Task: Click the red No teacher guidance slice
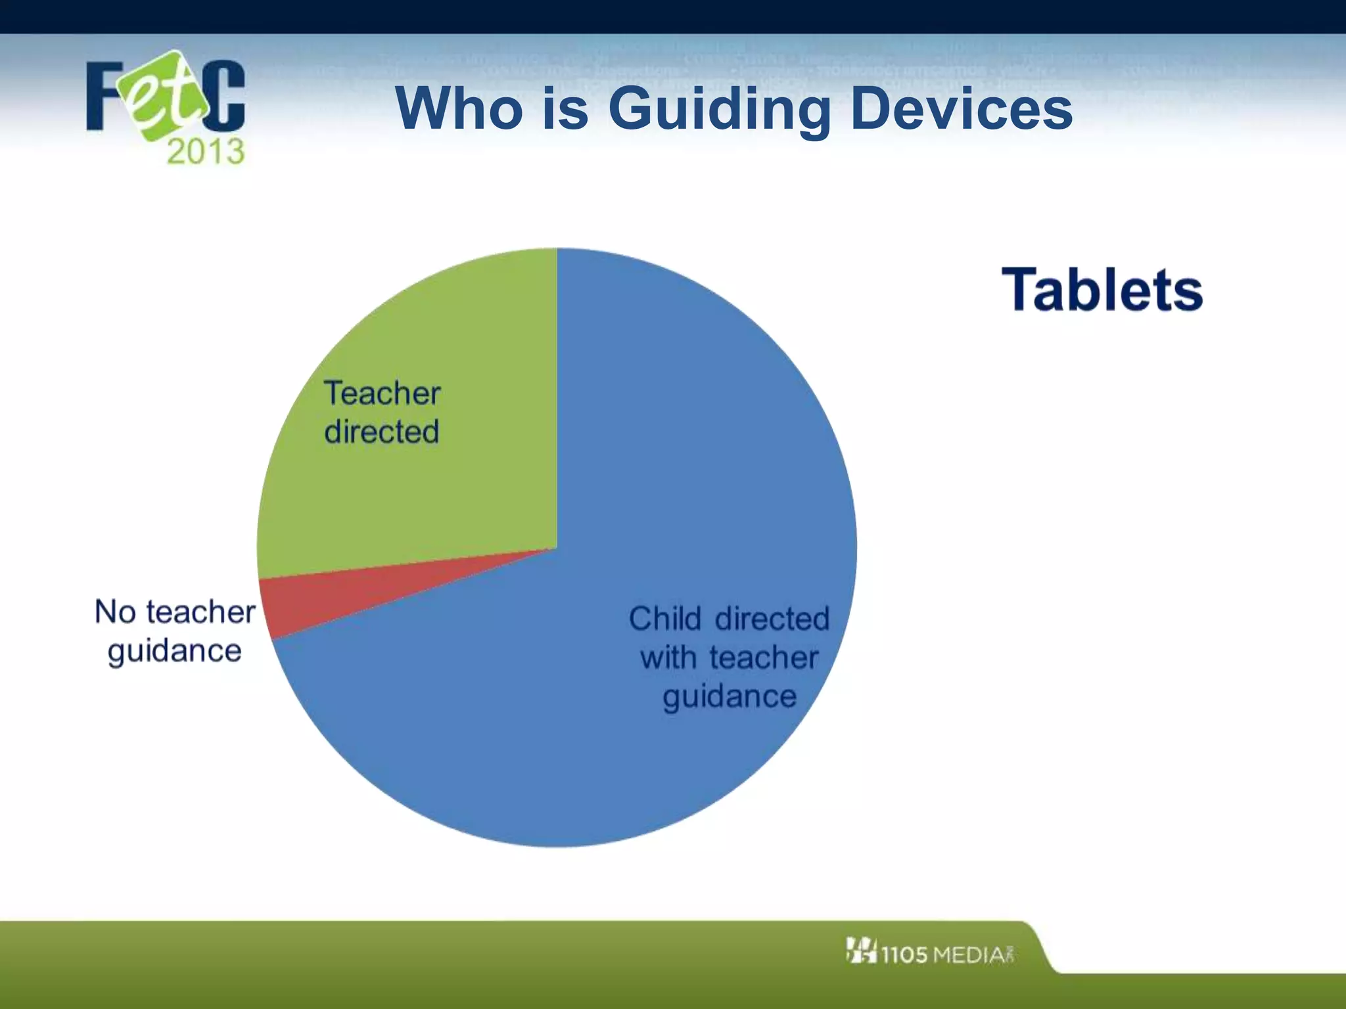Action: pyautogui.click(x=329, y=594)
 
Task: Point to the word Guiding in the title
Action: pyautogui.click(x=720, y=110)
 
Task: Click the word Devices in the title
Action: pyautogui.click(x=961, y=108)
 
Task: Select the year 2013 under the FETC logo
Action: pyautogui.click(x=205, y=152)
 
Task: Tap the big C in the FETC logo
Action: pyautogui.click(x=224, y=95)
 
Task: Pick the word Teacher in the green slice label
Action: pyautogui.click(x=382, y=393)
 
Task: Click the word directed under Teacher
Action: pyautogui.click(x=382, y=432)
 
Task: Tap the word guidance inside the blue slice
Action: pyautogui.click(x=730, y=696)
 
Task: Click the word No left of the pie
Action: pyautogui.click(x=114, y=612)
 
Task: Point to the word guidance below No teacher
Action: pyautogui.click(x=175, y=651)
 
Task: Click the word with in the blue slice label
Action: pyautogui.click(x=668, y=658)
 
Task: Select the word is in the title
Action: pyautogui.click(x=565, y=108)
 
